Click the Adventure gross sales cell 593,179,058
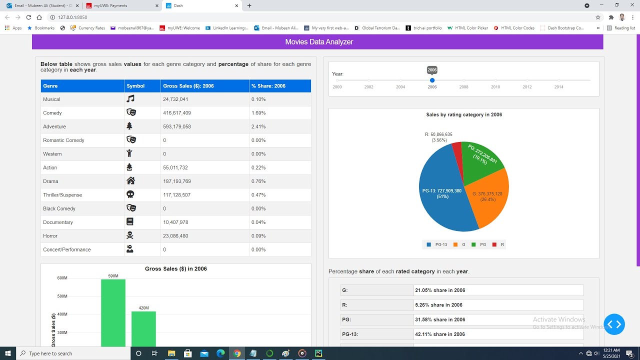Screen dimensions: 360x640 click(x=177, y=126)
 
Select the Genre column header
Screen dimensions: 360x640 click(x=50, y=86)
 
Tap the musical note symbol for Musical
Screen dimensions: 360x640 click(x=130, y=99)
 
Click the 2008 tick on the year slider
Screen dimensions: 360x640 click(x=463, y=80)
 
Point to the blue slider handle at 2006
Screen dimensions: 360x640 click(x=432, y=80)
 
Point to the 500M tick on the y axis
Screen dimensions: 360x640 click(x=62, y=296)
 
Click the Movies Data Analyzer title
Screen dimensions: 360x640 click(x=319, y=42)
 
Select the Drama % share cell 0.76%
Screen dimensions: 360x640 click(x=258, y=181)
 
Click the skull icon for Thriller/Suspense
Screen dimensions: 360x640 click(x=130, y=194)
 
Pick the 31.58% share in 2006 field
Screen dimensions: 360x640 click(x=498, y=319)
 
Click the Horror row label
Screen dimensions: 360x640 click(x=50, y=236)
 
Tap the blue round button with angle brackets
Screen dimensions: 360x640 click(x=614, y=324)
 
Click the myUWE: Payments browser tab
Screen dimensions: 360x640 click(x=110, y=5)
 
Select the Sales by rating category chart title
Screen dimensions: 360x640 click(x=463, y=114)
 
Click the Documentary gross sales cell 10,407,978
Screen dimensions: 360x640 click(x=175, y=222)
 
